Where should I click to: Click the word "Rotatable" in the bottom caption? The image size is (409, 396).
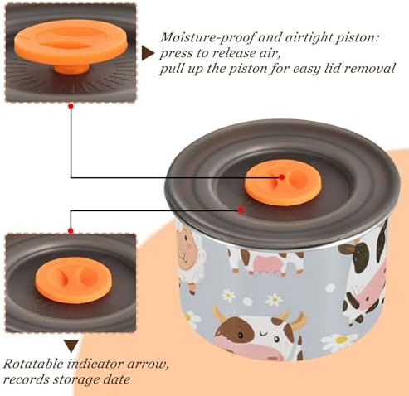[33, 364]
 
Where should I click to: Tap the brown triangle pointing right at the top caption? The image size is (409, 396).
[148, 53]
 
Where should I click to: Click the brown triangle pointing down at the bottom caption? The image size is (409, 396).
[71, 346]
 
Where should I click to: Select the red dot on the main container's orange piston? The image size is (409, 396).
[281, 177]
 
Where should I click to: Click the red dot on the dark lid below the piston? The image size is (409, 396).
[241, 210]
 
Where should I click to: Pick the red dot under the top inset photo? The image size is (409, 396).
[71, 106]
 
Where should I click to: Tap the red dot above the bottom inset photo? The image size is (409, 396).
[71, 230]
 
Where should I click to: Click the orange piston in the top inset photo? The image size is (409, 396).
[71, 47]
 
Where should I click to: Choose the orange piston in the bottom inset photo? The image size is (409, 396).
[73, 281]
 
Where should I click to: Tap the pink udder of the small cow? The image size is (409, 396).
[266, 264]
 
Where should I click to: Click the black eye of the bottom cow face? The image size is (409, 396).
[240, 335]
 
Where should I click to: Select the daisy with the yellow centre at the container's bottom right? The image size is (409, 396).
[340, 341]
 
